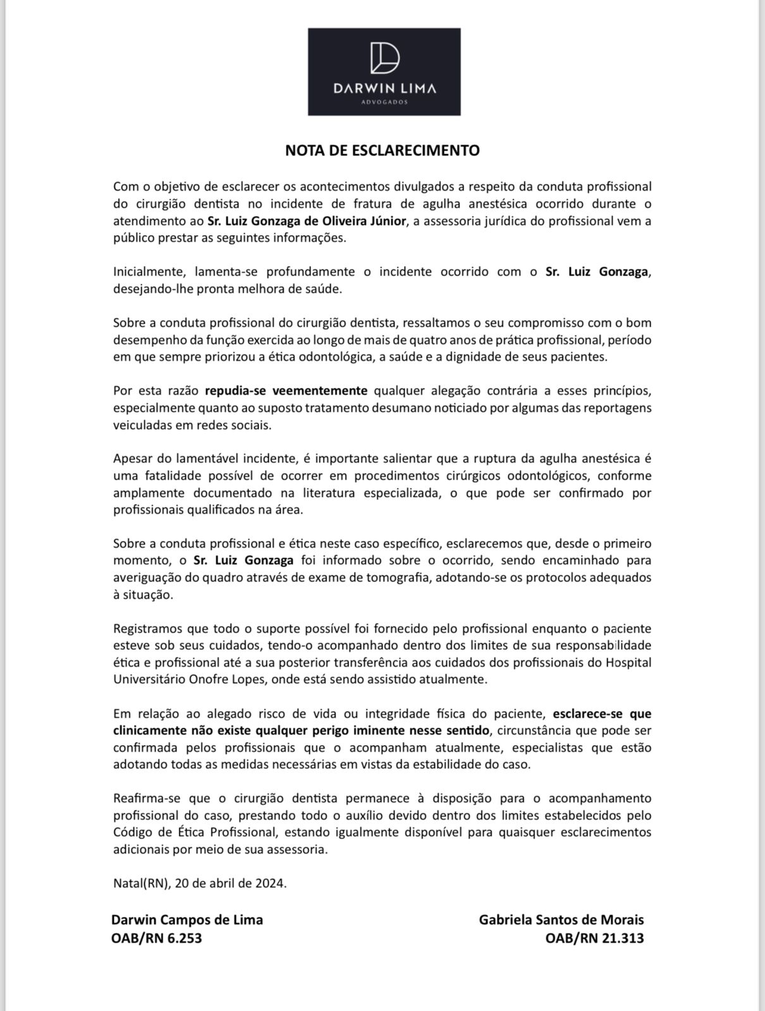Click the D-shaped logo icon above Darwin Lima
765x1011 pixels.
[x=384, y=58]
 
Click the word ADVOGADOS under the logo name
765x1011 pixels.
[x=384, y=101]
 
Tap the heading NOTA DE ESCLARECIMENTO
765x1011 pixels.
[x=382, y=150]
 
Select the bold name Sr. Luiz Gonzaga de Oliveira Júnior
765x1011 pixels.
[x=307, y=221]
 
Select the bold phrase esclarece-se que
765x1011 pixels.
[x=602, y=714]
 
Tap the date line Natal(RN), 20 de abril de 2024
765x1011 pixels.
[x=200, y=883]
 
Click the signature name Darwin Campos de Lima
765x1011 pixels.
[x=187, y=919]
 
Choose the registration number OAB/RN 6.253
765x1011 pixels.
[x=157, y=938]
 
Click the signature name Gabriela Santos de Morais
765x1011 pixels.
[x=561, y=919]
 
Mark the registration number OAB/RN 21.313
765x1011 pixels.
[x=594, y=938]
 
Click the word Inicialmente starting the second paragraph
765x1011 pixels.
[x=150, y=272]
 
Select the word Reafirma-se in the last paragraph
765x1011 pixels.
[x=145, y=799]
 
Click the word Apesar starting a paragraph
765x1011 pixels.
[x=130, y=458]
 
